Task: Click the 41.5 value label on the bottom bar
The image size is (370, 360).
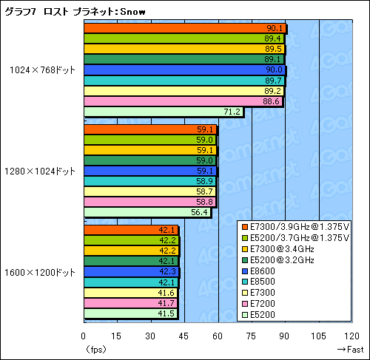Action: click(x=167, y=313)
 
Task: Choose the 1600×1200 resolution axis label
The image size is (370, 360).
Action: click(x=40, y=271)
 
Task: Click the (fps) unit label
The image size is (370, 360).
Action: click(x=96, y=348)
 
